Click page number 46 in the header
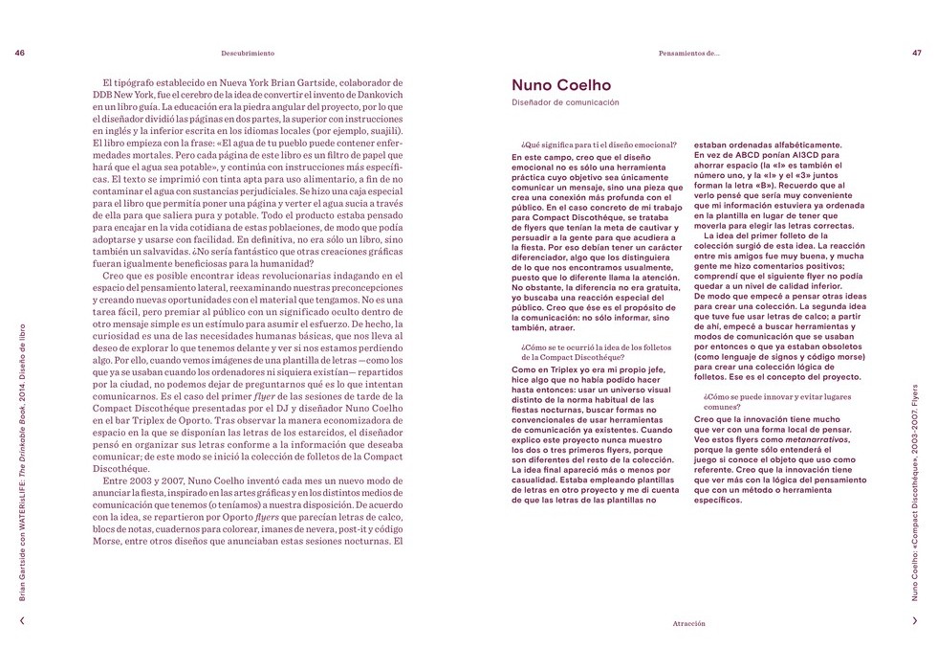20,54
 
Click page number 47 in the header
916,54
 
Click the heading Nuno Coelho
561,86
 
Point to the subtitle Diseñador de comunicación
565,102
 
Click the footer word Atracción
688,622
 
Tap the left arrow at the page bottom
22,620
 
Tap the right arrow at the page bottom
915,620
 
